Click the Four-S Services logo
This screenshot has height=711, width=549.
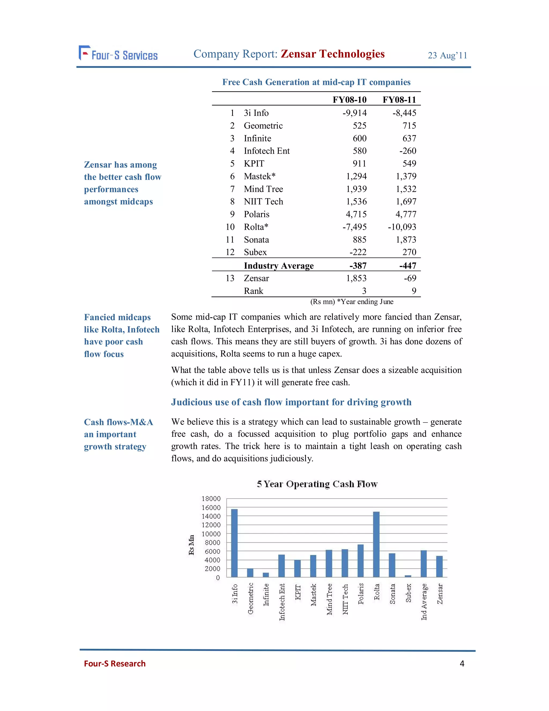[118, 54]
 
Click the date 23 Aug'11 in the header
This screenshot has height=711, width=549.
[447, 56]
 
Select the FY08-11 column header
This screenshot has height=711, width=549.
[399, 100]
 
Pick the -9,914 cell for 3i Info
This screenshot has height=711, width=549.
[354, 113]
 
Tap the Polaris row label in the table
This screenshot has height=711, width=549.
[256, 214]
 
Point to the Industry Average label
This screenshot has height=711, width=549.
[279, 266]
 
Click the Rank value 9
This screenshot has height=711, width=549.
[414, 291]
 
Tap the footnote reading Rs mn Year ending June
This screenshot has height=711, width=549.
[352, 302]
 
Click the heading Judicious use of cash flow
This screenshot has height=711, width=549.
[291, 402]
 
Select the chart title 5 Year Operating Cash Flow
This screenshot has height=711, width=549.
[317, 484]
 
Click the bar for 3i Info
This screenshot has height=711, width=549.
[234, 543]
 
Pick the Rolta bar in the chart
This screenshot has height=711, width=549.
[376, 544]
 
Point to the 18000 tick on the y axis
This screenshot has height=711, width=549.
[211, 499]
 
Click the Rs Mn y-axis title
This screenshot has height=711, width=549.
[192, 545]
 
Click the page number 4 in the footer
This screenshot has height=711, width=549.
[462, 664]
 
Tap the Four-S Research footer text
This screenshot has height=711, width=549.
[114, 664]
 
